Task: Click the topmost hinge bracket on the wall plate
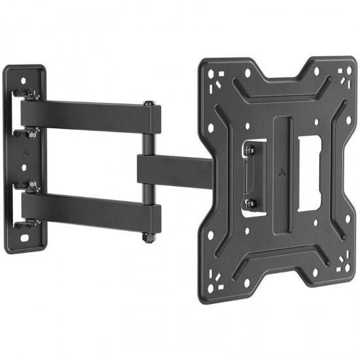coord(26,93)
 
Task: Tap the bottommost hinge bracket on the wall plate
coord(26,226)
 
